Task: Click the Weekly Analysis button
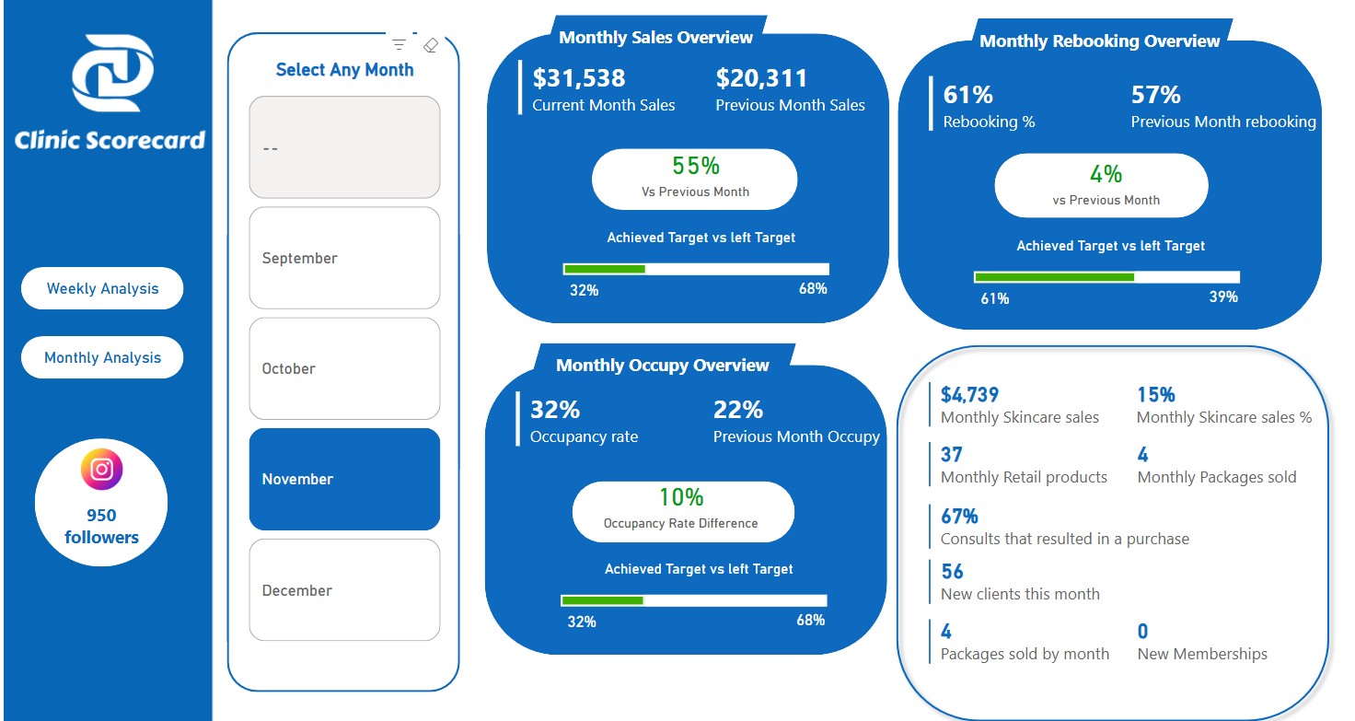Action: point(102,289)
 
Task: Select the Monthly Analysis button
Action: point(102,358)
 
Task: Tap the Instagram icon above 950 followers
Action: point(101,470)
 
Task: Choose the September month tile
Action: point(344,258)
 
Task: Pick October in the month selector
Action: point(344,368)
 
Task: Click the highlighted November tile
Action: point(344,479)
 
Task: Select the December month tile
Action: point(344,590)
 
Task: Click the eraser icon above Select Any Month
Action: point(430,45)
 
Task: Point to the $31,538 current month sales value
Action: point(579,78)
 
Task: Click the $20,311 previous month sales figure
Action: point(761,78)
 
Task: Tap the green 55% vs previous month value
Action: point(695,167)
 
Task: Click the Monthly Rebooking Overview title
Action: point(1099,41)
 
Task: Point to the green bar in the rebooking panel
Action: point(1054,277)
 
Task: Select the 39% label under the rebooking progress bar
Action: point(1222,297)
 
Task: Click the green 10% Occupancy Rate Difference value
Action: point(681,497)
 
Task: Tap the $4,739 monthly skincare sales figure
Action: point(969,395)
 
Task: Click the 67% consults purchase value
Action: point(959,516)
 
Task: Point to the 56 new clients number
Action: point(952,572)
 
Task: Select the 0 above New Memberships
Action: point(1142,632)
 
